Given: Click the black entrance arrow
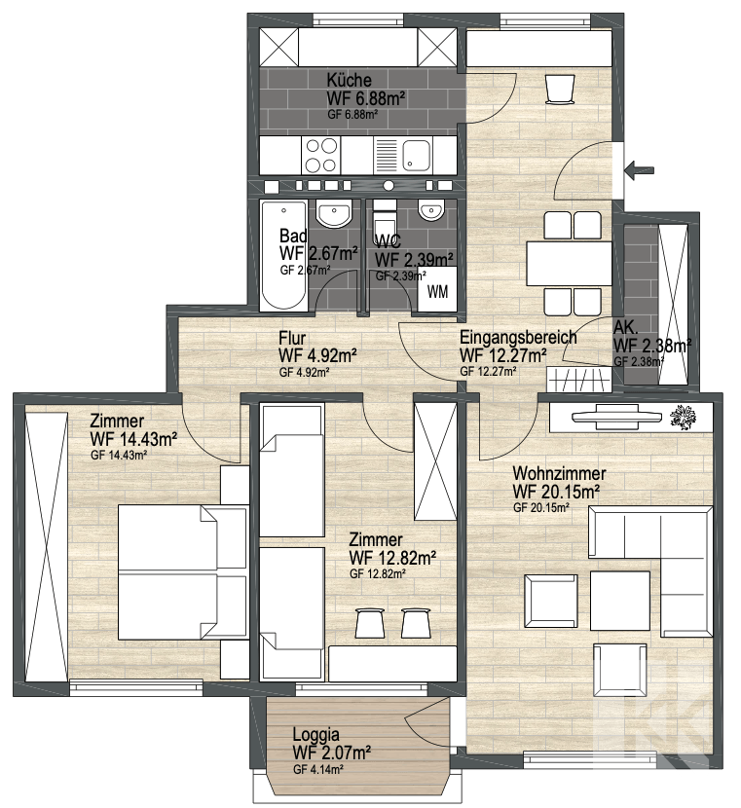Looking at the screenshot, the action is (639, 169).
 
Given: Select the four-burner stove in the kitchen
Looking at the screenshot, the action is (321, 155).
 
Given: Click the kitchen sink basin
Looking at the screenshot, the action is (417, 155).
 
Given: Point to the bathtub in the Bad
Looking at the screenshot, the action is (284, 255).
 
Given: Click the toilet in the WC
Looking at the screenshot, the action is (385, 219).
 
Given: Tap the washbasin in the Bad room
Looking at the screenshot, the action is (334, 213).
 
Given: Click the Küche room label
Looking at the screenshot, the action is (349, 80).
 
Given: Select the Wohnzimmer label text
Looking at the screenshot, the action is (559, 473).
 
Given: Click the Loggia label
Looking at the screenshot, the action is (315, 734).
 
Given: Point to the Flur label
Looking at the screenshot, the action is (292, 338).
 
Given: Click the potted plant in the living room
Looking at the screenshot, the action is (684, 416).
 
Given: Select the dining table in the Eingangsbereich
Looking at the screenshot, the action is (569, 263).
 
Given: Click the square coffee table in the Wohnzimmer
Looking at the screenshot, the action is (620, 600).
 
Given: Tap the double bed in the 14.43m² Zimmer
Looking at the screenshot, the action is (182, 572).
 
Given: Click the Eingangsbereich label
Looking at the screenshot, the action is (518, 337).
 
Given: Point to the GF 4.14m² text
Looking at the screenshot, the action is (319, 770).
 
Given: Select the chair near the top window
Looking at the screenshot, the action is (559, 90).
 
